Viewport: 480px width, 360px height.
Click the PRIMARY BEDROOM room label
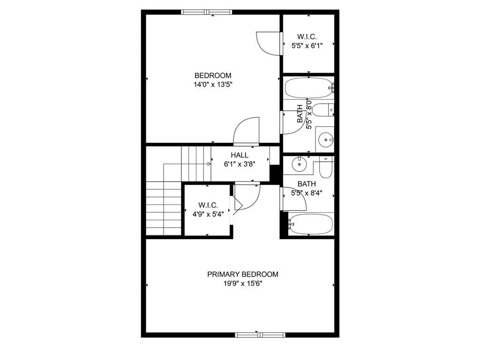pyautogui.click(x=242, y=274)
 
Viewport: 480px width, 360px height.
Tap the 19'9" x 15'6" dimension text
pyautogui.click(x=242, y=284)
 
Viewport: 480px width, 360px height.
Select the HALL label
pyautogui.click(x=239, y=155)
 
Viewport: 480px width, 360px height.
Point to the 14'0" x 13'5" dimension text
pyautogui.click(x=213, y=85)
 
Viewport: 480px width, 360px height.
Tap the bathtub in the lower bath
pyautogui.click(x=310, y=224)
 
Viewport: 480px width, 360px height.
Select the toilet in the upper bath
pyautogui.click(x=322, y=111)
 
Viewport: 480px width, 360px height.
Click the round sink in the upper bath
pyautogui.click(x=325, y=139)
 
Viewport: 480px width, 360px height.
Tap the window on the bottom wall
pyautogui.click(x=259, y=334)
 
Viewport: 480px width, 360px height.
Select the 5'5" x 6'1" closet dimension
pyautogui.click(x=307, y=46)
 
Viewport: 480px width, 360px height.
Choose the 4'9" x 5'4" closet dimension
pyautogui.click(x=208, y=214)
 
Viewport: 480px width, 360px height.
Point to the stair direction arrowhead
pyautogui.click(x=209, y=164)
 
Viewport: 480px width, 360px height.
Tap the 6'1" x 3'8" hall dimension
pyautogui.click(x=239, y=164)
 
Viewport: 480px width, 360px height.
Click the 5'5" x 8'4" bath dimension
pyautogui.click(x=307, y=193)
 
